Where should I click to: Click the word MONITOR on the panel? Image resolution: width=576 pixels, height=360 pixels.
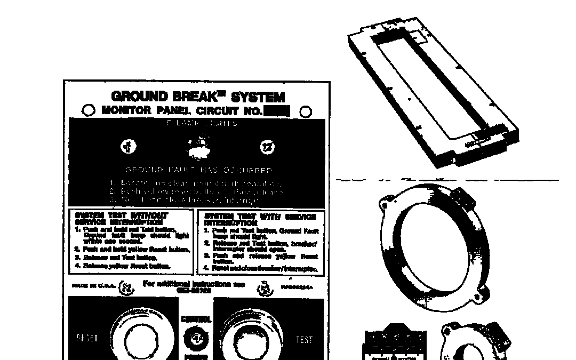pos(127,111)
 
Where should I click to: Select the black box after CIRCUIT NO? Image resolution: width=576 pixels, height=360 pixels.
pos(277,111)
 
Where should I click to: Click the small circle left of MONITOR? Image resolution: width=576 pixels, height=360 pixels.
pos(89,110)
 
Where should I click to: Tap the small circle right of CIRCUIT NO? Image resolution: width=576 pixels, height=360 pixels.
pos(306,111)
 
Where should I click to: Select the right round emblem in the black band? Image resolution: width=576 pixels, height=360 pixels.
pos(266,147)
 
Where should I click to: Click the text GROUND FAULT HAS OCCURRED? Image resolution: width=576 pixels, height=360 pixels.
pos(198,171)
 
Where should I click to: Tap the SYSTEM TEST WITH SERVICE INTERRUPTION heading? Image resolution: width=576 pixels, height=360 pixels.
pos(260,219)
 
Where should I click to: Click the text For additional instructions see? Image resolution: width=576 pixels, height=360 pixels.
pos(194,284)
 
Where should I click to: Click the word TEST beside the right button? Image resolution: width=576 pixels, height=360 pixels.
pos(303,339)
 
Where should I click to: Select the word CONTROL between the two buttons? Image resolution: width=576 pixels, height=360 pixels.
pos(196,319)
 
